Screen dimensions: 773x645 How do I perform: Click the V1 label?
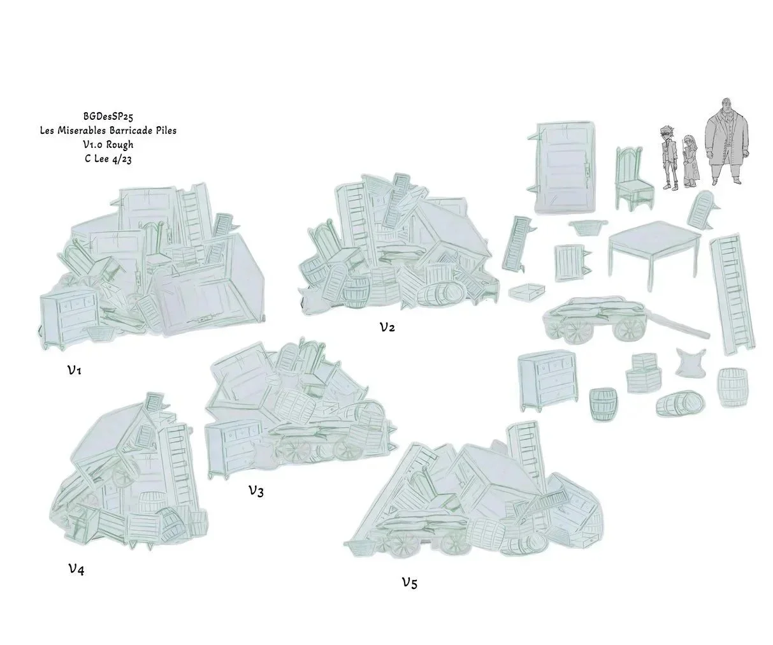[75, 370]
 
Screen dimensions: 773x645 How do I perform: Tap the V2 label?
[387, 326]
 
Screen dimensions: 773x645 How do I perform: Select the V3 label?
[256, 491]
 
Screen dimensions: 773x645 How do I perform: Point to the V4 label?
[76, 569]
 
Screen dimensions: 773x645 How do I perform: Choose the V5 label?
[410, 583]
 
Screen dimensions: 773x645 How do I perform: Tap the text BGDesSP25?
[108, 116]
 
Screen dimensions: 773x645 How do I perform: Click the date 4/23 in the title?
[120, 159]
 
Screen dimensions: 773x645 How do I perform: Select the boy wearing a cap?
[670, 158]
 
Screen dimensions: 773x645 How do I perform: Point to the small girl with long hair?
[690, 161]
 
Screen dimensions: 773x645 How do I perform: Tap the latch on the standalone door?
[588, 171]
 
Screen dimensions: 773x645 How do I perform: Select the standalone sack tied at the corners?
[690, 363]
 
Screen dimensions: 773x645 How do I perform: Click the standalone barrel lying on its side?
[680, 403]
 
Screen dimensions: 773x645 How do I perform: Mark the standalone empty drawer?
[526, 292]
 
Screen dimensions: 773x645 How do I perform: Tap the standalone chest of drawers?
[547, 380]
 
